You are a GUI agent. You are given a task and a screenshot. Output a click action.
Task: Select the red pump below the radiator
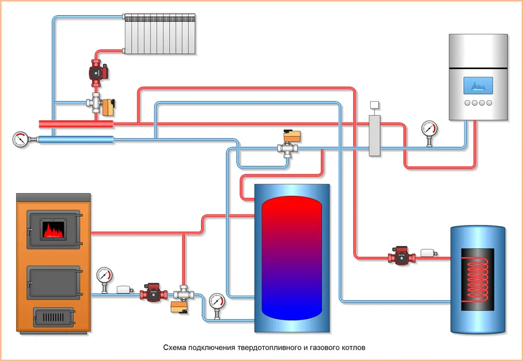tap(95, 70)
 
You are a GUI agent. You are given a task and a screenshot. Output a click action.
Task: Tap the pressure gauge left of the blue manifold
tap(20, 139)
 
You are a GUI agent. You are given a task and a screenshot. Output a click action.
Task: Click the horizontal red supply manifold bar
tap(76, 123)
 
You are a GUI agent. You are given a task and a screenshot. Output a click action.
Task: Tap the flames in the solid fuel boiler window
tap(53, 230)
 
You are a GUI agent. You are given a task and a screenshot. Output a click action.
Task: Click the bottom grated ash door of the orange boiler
tap(53, 317)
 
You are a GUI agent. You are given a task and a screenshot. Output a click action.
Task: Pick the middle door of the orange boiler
tap(53, 283)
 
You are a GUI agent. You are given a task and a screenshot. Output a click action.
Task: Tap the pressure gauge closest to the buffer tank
tap(217, 301)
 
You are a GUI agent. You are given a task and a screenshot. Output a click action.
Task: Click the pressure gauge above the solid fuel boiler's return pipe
tap(105, 274)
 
